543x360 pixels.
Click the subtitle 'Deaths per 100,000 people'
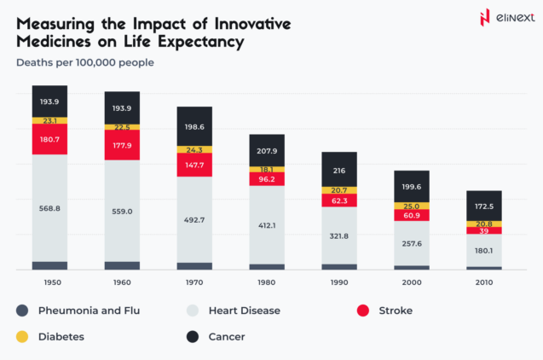pyautogui.click(x=85, y=61)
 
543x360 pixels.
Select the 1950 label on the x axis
pyautogui.click(x=49, y=282)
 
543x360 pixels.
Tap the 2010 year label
pyautogui.click(x=483, y=282)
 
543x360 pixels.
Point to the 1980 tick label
pyautogui.click(x=267, y=282)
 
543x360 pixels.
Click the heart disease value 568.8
pyautogui.click(x=49, y=207)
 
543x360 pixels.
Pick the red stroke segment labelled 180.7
pyautogui.click(x=49, y=139)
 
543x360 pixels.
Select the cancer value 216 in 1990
pyautogui.click(x=339, y=171)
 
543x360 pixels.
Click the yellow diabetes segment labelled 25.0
pyautogui.click(x=412, y=206)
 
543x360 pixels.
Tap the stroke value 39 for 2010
pyautogui.click(x=483, y=231)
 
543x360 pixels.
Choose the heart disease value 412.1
pyautogui.click(x=267, y=225)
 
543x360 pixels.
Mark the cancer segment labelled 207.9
pyautogui.click(x=267, y=151)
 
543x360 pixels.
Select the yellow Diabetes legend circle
pyautogui.click(x=22, y=337)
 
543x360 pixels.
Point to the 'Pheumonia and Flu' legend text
pyautogui.click(x=89, y=311)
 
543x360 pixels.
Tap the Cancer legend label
pyautogui.click(x=226, y=337)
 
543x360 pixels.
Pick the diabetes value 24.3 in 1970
pyautogui.click(x=194, y=150)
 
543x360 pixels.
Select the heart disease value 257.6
pyautogui.click(x=412, y=243)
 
